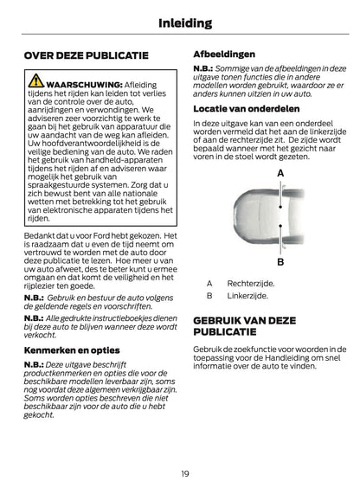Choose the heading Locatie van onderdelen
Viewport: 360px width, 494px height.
coord(247,109)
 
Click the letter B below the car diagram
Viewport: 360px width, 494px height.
coord(280,260)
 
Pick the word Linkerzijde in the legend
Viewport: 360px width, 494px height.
coord(247,296)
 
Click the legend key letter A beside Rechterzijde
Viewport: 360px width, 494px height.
coord(209,282)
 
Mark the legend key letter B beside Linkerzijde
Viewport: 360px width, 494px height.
coord(209,296)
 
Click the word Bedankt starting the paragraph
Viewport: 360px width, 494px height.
coord(40,236)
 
